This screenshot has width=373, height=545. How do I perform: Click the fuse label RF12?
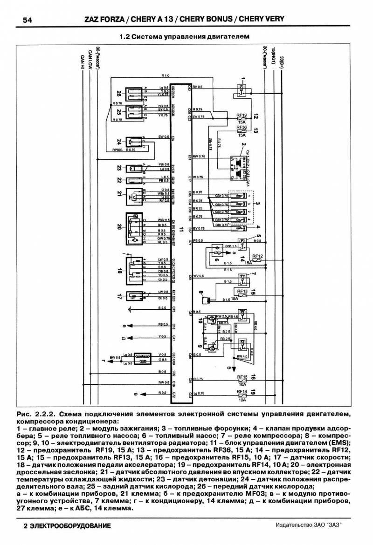(258, 256)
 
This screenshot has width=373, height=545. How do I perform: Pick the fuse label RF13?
(242, 291)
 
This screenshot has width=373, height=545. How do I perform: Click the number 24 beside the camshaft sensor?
(119, 142)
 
